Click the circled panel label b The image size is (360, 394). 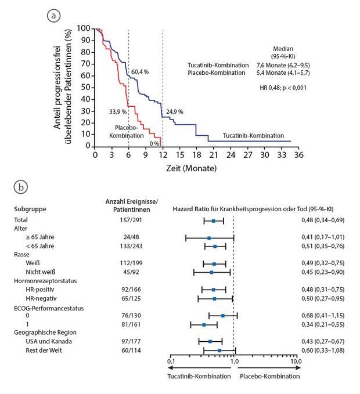coord(20,187)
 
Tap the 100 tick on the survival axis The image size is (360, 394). coord(84,28)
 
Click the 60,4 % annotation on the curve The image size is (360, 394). coord(139,72)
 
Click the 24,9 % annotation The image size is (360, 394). coord(174,111)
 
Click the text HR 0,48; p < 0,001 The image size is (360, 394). coord(282,88)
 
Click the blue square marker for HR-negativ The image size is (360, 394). coord(215,298)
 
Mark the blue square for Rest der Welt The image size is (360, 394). coord(219,350)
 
